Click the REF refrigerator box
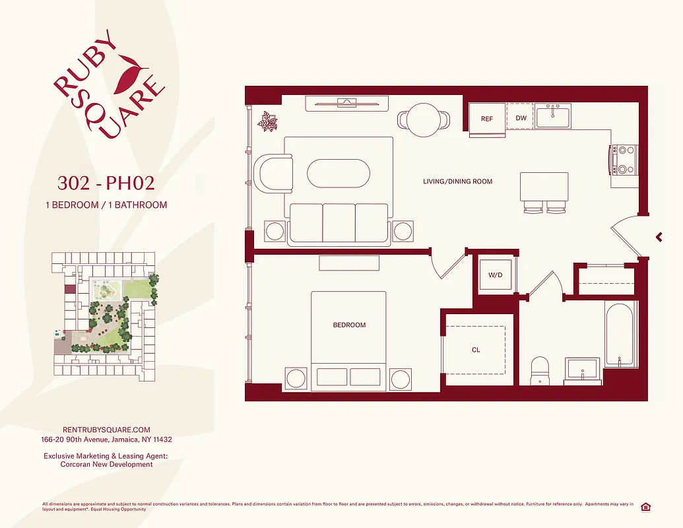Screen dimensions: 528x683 487,119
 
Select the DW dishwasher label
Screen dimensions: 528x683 521,119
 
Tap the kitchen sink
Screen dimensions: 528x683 553,117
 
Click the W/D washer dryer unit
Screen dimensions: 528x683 496,275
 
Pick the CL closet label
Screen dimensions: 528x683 476,350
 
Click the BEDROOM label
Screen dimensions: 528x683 349,325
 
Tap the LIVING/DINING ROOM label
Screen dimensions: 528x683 457,181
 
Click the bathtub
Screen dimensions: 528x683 621,333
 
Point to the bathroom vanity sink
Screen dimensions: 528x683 582,370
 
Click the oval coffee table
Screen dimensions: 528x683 339,174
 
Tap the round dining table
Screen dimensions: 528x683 424,119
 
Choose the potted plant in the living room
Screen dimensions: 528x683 269,121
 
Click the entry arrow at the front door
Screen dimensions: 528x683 659,237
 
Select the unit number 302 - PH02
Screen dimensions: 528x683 106,182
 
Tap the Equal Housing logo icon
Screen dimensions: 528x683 645,506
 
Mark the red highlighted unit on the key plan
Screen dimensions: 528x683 69,288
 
